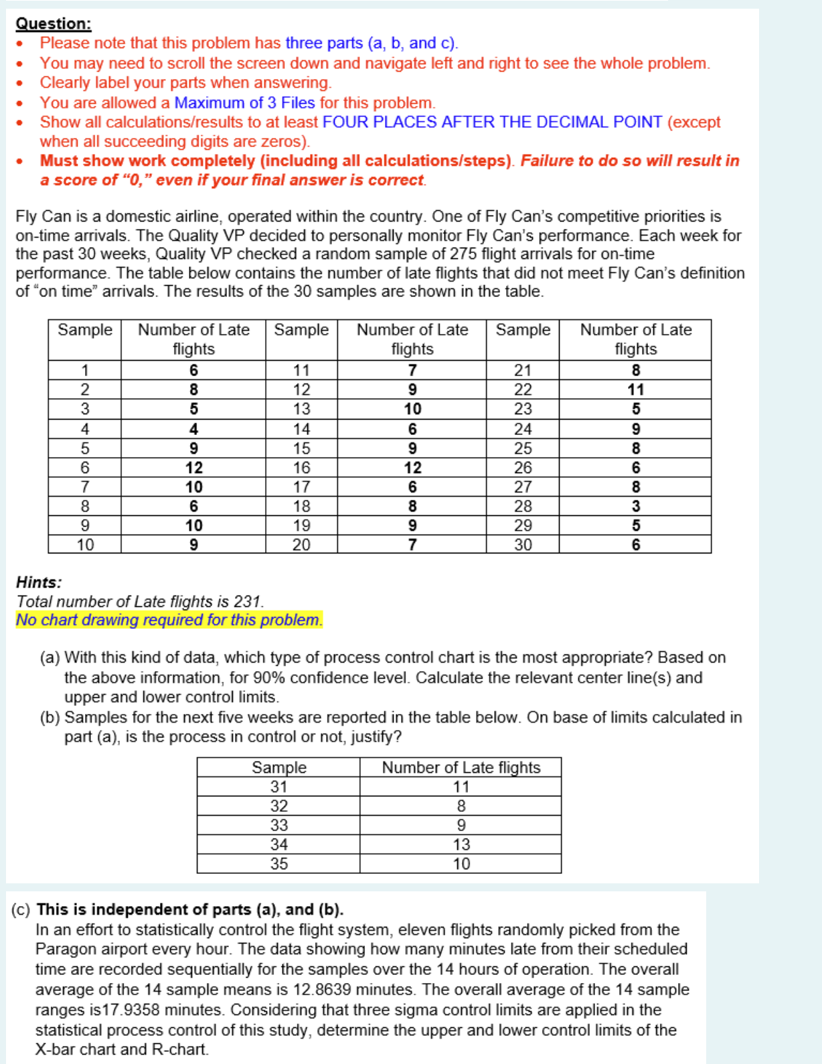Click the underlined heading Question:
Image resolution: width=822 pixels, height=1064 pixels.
pos(54,23)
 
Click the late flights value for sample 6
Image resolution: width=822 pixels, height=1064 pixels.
pos(193,468)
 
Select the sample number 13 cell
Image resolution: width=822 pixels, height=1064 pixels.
pos(301,409)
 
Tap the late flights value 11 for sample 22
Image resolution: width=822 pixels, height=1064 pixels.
pos(635,389)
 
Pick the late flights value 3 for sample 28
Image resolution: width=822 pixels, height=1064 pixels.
pos(635,507)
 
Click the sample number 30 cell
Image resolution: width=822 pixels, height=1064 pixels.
pos(523,545)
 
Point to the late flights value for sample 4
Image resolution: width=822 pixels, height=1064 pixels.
pos(193,429)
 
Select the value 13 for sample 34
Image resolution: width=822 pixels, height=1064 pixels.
pos(461,845)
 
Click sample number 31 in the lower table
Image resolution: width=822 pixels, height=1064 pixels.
pos(278,787)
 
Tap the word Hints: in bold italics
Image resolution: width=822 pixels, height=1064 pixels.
pos(39,582)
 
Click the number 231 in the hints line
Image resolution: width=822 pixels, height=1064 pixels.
pos(247,602)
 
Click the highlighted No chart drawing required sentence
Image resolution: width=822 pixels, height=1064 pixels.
pos(169,620)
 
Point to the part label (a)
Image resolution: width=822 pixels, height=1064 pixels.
pos(50,658)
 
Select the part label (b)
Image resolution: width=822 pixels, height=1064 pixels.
pos(50,717)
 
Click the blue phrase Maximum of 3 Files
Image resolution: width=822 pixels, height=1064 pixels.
pos(244,102)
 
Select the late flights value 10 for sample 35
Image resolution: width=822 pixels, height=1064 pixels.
pos(461,864)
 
